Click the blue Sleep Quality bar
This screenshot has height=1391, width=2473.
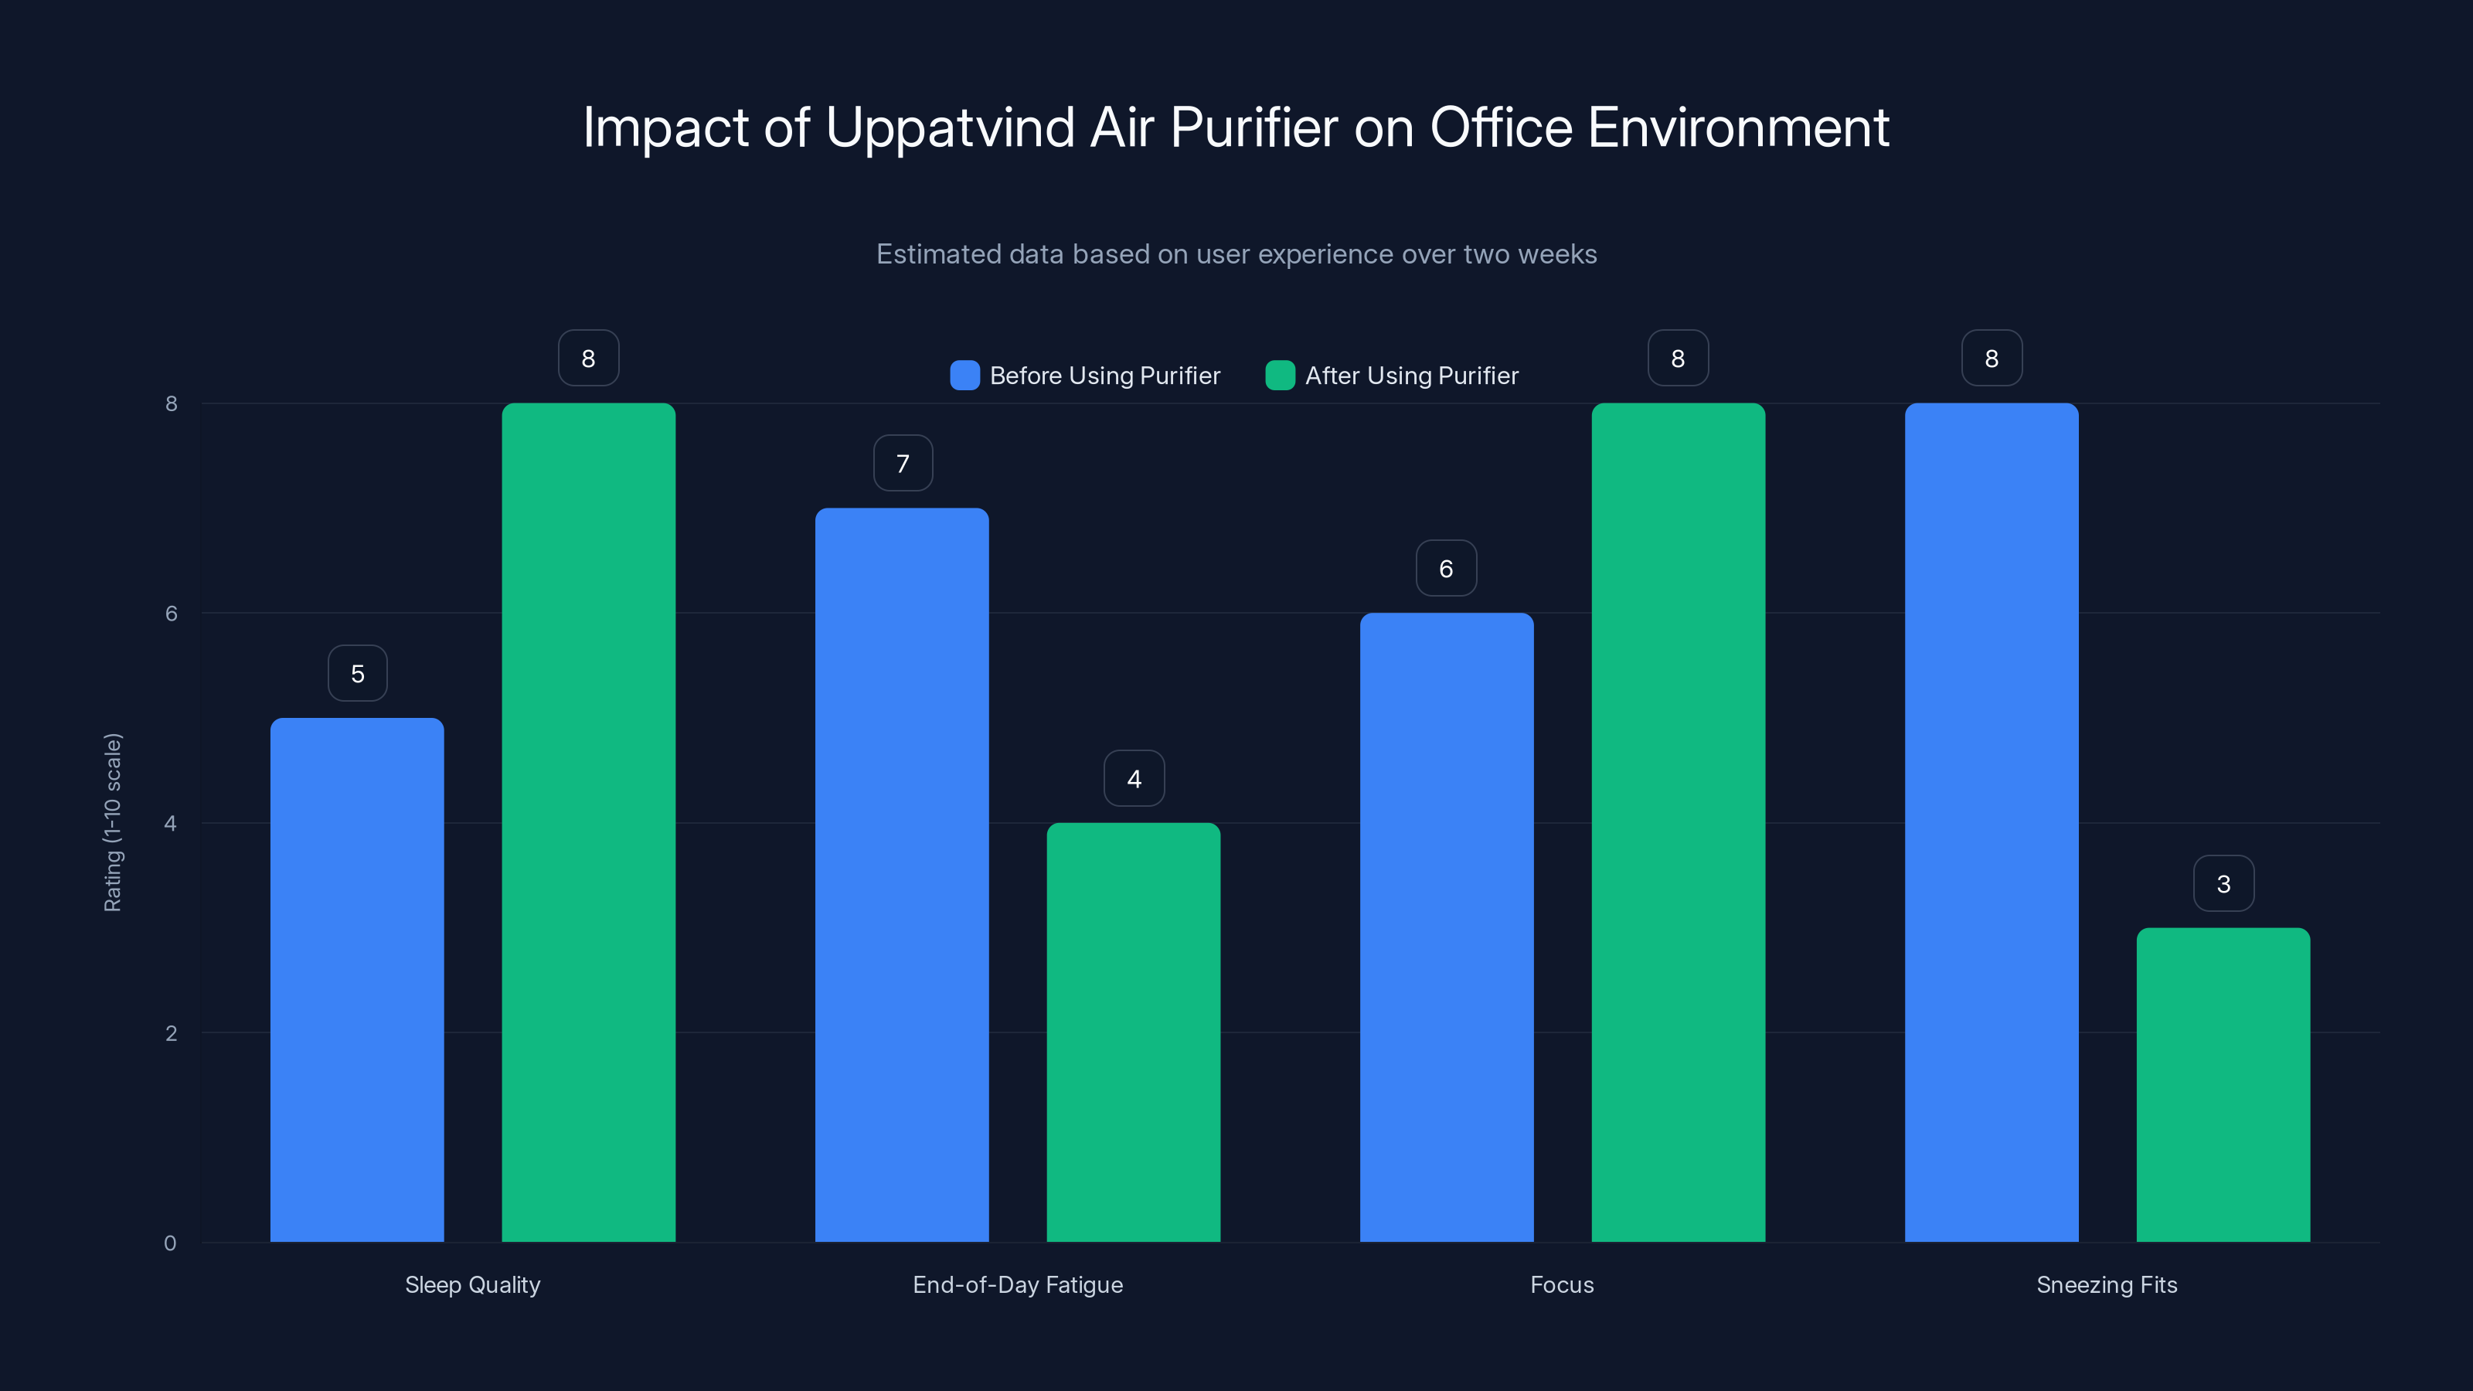pyautogui.click(x=357, y=979)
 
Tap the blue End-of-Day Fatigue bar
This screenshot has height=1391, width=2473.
pyautogui.click(x=901, y=875)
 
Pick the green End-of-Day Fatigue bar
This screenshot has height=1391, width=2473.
pyautogui.click(x=1133, y=1032)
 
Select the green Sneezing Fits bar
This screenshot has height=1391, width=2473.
pyautogui.click(x=2223, y=1085)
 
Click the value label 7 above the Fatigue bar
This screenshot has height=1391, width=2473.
pyautogui.click(x=903, y=464)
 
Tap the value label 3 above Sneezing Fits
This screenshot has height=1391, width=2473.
pyautogui.click(x=2223, y=884)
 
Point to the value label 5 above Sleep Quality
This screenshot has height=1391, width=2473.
pyautogui.click(x=357, y=674)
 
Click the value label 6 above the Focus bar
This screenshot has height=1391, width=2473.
pyautogui.click(x=1446, y=570)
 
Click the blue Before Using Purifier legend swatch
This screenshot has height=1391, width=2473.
pyautogui.click(x=964, y=376)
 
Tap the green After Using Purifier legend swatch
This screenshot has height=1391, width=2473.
pyautogui.click(x=1280, y=376)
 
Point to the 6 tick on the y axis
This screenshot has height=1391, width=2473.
pyautogui.click(x=171, y=614)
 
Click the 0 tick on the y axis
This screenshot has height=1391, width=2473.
pyautogui.click(x=170, y=1243)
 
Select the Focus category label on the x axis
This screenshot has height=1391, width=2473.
pyautogui.click(x=1562, y=1284)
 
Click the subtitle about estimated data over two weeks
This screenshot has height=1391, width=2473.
pyautogui.click(x=1236, y=254)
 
